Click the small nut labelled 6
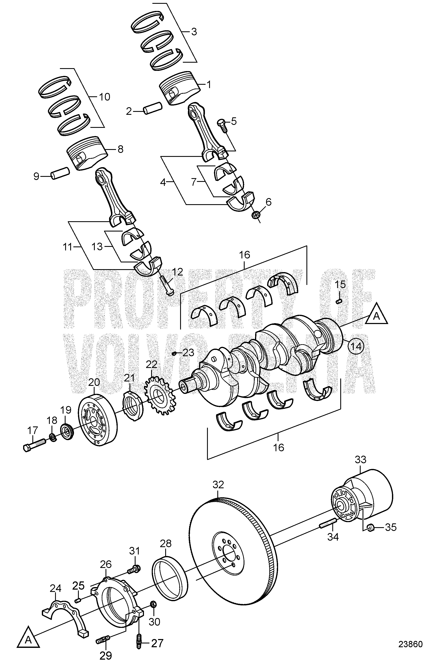tap(255, 215)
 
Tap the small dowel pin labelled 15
tap(339, 301)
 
